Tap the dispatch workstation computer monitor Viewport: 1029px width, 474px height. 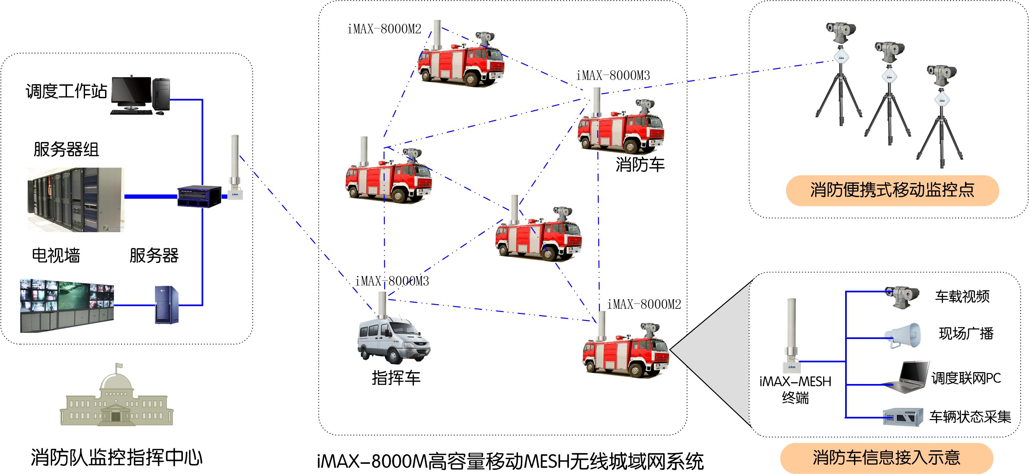click(131, 91)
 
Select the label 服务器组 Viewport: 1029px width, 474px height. click(66, 149)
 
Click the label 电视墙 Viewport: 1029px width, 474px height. click(56, 255)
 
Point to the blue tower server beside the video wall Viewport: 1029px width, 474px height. click(166, 305)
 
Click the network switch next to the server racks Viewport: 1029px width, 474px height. click(199, 196)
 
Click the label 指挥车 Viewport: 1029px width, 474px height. click(396, 378)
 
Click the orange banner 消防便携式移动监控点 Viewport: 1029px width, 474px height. click(892, 190)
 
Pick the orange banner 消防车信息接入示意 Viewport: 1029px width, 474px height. click(887, 458)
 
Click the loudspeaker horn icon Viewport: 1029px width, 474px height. click(903, 335)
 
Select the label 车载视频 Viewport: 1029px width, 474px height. click(962, 297)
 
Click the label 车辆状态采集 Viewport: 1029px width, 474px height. click(970, 417)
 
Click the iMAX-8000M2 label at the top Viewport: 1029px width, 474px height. click(384, 29)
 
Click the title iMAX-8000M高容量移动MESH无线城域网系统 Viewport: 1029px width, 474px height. click(510, 461)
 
